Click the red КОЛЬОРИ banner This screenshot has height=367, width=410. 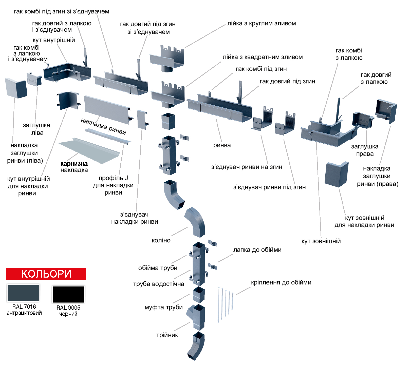[x=46, y=274]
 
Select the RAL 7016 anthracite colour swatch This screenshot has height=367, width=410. [x=23, y=293]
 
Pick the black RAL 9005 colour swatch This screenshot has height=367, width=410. [x=68, y=294]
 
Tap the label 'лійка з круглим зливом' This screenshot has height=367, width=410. [x=261, y=24]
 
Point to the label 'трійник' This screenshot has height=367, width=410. [x=167, y=335]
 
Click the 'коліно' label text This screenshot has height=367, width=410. [x=161, y=240]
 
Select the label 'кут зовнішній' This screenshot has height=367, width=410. [x=321, y=241]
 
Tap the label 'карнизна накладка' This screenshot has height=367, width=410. [x=74, y=167]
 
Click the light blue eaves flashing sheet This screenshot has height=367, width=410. [x=89, y=151]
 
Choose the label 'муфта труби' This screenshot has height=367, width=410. [x=163, y=307]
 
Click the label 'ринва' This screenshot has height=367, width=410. [x=222, y=145]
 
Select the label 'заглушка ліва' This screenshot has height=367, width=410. [x=37, y=129]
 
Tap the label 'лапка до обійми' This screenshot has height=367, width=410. [x=257, y=250]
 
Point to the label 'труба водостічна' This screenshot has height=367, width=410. [x=159, y=284]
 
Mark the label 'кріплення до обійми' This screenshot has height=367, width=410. [x=281, y=282]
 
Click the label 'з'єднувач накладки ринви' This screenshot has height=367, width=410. [x=135, y=218]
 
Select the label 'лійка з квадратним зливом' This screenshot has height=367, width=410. [x=263, y=57]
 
